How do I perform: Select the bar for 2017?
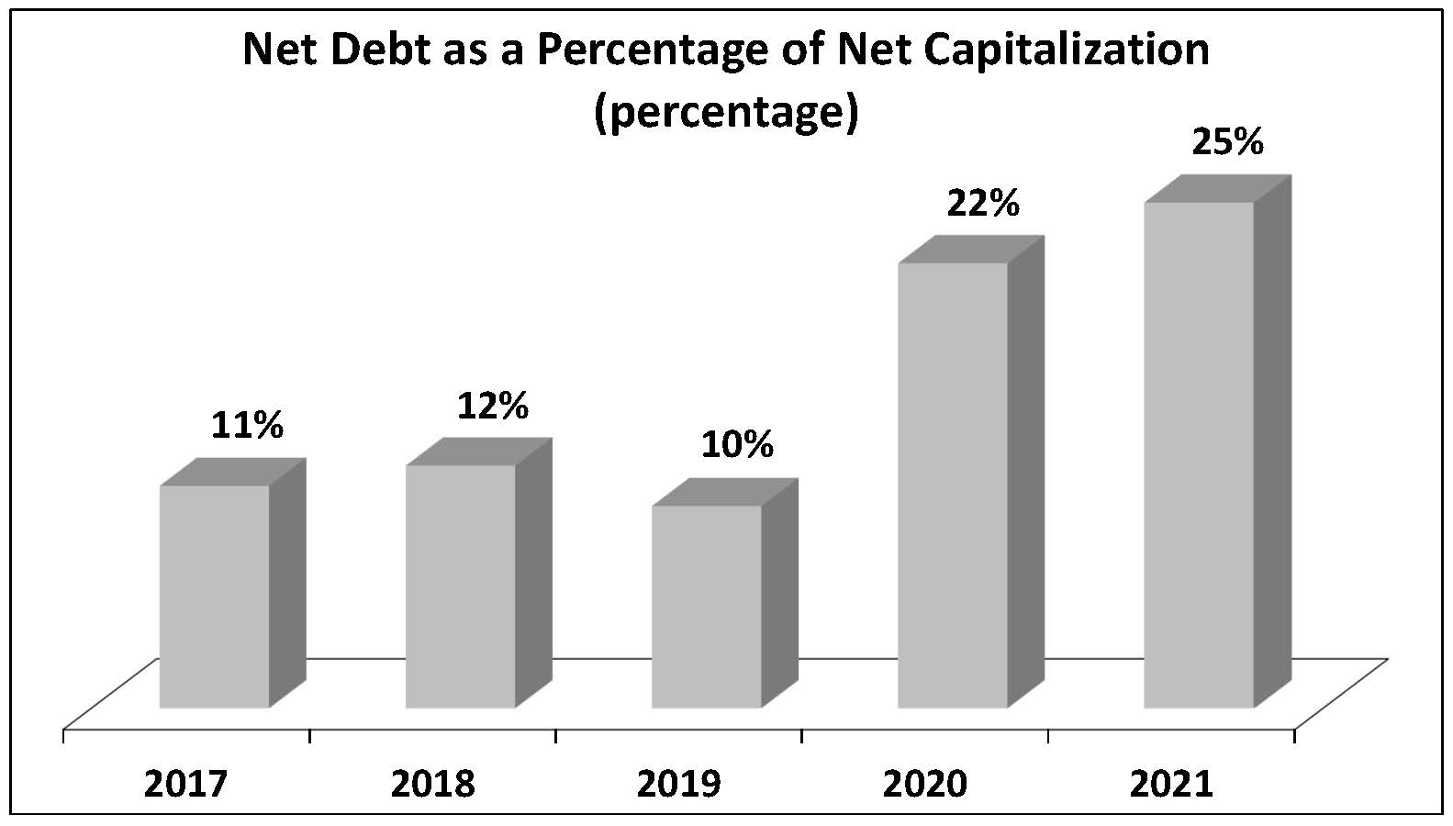point(215,597)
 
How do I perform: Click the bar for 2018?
point(461,587)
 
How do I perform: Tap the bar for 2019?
point(707,607)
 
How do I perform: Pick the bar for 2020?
point(952,486)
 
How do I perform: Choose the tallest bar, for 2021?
point(1198,455)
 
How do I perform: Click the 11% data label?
point(247,425)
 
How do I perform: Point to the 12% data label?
point(493,405)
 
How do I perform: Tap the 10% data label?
point(737,445)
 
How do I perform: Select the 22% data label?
point(983,203)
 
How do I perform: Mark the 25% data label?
point(1228,142)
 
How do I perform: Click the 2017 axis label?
point(186,784)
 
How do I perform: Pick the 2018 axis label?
point(432,784)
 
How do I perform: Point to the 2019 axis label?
point(678,784)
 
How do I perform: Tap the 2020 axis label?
point(924,784)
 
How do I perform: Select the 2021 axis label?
point(1171,784)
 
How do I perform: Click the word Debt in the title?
point(385,50)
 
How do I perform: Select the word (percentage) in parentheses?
point(726,112)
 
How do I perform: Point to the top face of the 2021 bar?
point(1217,189)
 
